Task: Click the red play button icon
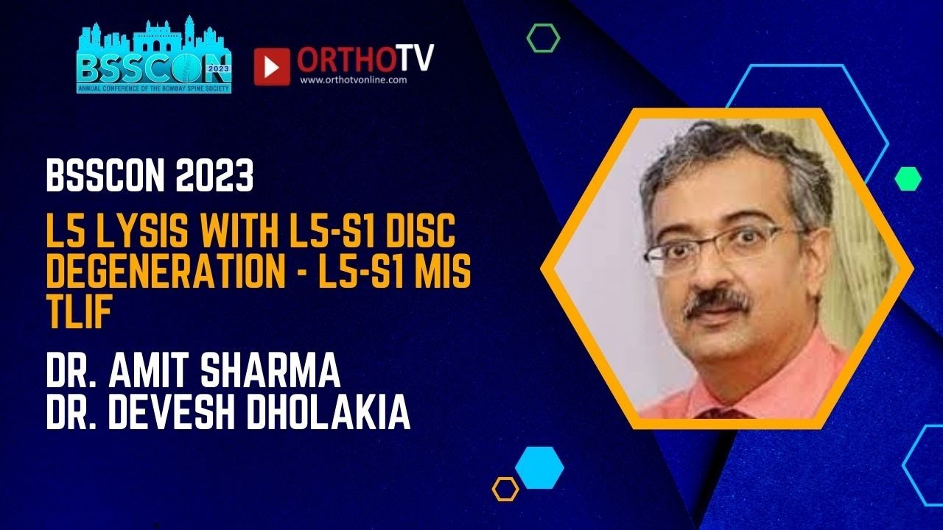272,67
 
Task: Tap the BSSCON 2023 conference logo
154,57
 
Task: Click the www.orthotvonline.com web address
354,80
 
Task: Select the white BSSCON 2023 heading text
150,177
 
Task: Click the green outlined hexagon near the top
543,38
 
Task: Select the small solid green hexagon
908,178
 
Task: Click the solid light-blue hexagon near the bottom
539,467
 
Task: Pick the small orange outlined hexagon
505,489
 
